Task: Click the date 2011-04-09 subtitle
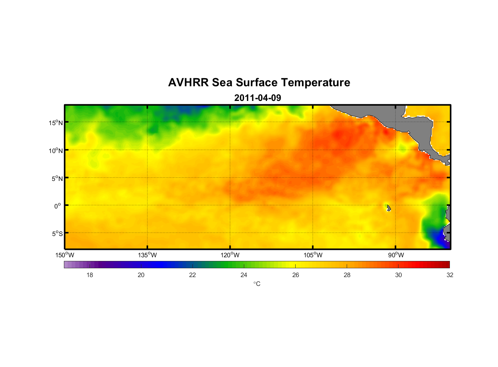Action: click(x=257, y=98)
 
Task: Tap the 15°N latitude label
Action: click(x=56, y=123)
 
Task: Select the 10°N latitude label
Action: click(x=56, y=150)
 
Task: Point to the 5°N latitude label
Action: click(x=57, y=178)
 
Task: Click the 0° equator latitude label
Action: click(x=58, y=206)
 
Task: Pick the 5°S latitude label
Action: click(x=57, y=234)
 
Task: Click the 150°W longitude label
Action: click(x=65, y=255)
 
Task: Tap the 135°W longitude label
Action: click(x=147, y=255)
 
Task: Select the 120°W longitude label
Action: click(x=230, y=255)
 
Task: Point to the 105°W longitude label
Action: click(x=313, y=255)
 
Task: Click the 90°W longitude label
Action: click(x=396, y=255)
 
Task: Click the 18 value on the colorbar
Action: click(x=90, y=275)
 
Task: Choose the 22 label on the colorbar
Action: click(x=192, y=275)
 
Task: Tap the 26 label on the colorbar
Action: click(x=296, y=275)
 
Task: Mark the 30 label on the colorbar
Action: click(x=398, y=275)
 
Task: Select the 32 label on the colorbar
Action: click(x=450, y=275)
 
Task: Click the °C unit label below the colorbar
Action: click(x=257, y=284)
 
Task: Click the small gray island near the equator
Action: click(x=389, y=208)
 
